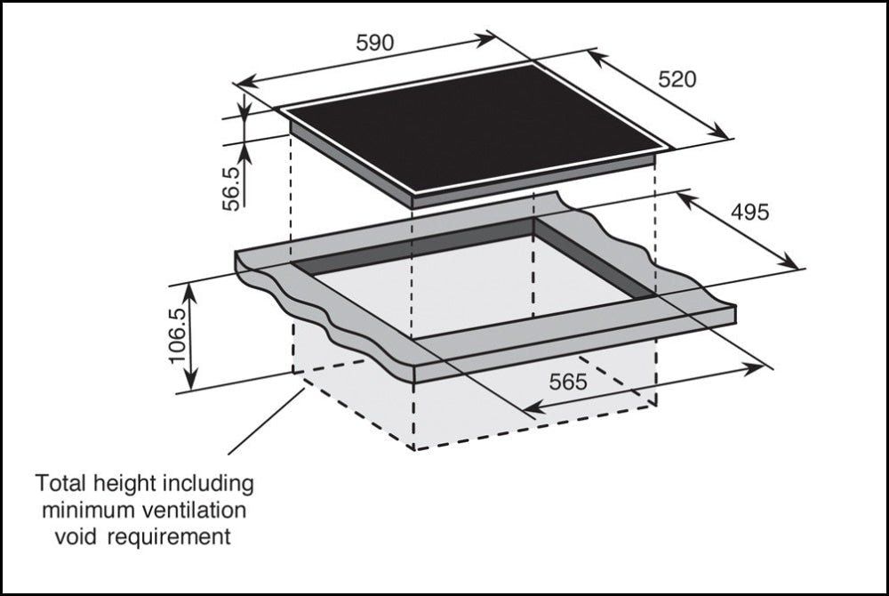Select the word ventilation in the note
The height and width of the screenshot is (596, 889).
[197, 511]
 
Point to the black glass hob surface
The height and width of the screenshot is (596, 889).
[471, 129]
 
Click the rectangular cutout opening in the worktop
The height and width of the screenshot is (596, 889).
[471, 285]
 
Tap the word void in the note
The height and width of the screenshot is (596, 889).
[73, 537]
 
